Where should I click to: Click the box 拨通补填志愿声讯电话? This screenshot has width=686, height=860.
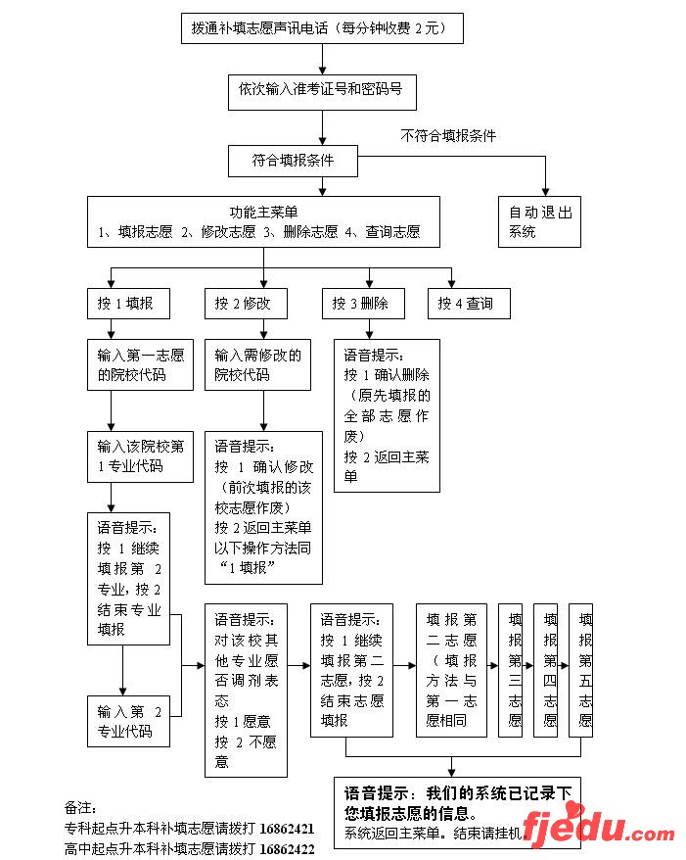pyautogui.click(x=322, y=29)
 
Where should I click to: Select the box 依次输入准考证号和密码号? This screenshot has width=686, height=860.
pyautogui.click(x=321, y=91)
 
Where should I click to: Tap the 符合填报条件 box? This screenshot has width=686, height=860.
pyautogui.click(x=293, y=161)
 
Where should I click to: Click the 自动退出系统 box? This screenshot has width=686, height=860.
pyautogui.click(x=539, y=221)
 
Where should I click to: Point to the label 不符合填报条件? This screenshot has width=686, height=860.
pyautogui.click(x=448, y=136)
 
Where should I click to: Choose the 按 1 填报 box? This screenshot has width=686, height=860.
pyautogui.click(x=125, y=304)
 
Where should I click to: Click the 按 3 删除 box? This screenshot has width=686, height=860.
pyautogui.click(x=361, y=304)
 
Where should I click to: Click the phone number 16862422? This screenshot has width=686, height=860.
pyautogui.click(x=287, y=848)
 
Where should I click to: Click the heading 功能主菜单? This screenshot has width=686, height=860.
pyautogui.click(x=263, y=212)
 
